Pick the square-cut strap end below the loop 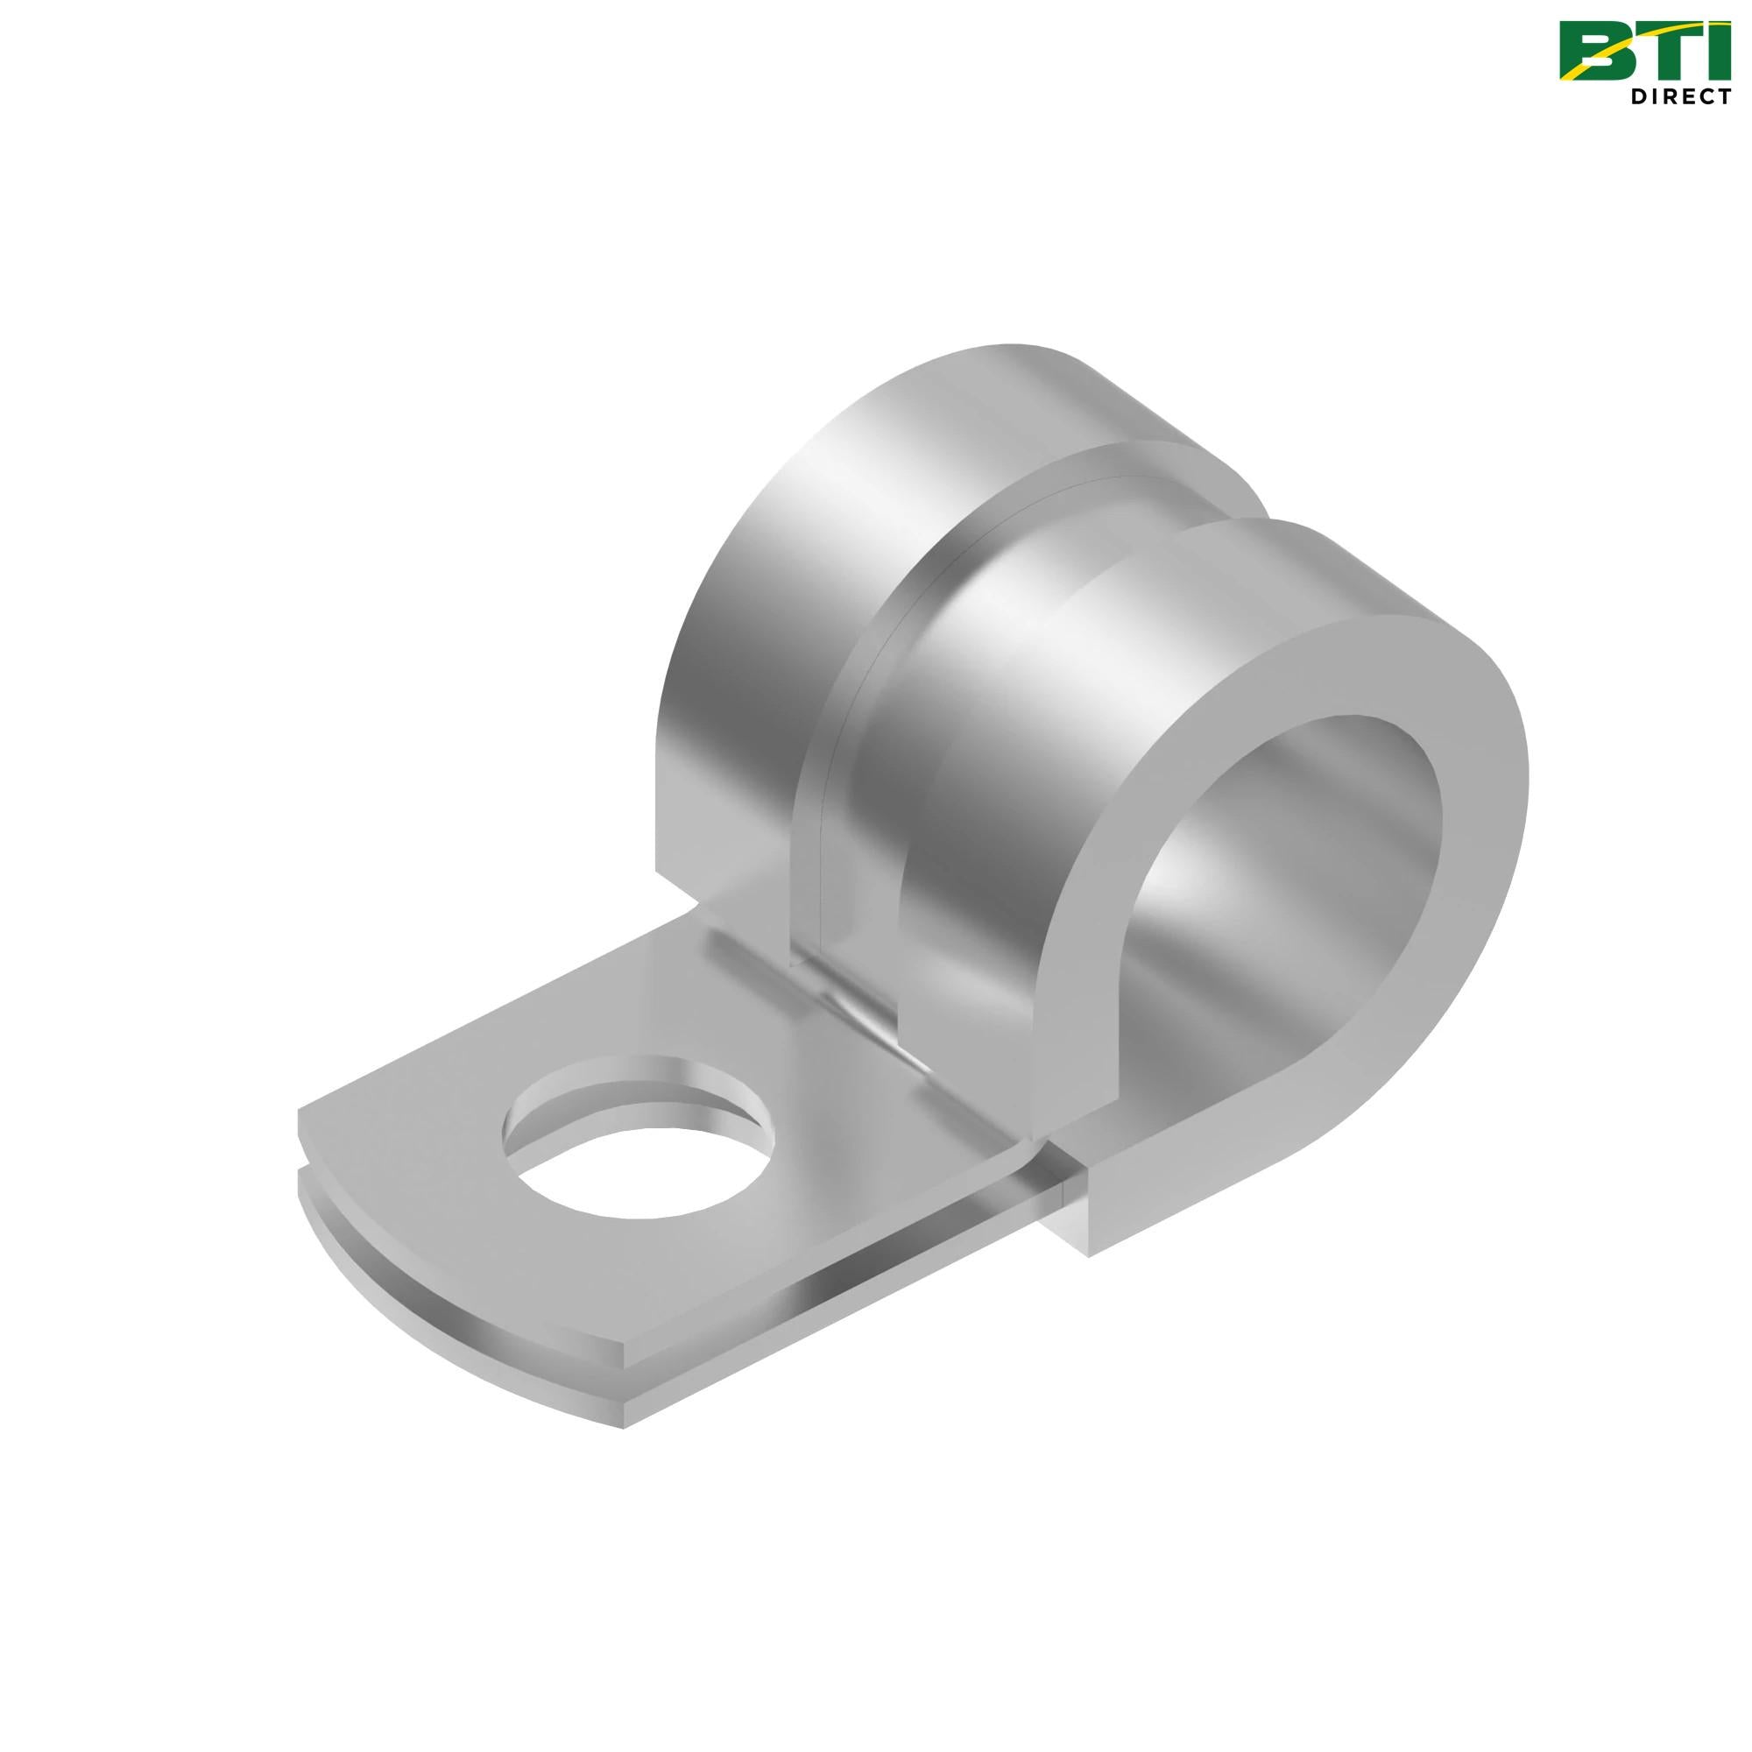pyautogui.click(x=1070, y=1206)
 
